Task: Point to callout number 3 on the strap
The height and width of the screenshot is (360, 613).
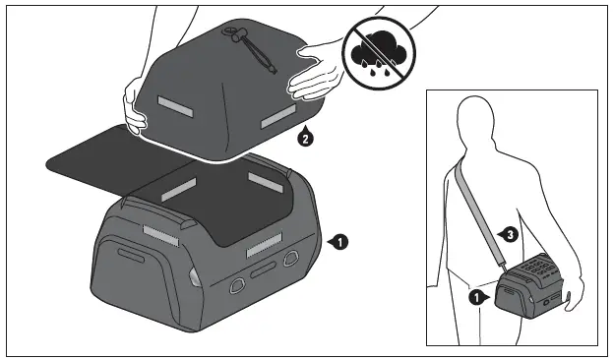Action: pos(507,234)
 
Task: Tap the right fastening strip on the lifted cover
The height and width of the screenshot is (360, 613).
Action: pos(277,119)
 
